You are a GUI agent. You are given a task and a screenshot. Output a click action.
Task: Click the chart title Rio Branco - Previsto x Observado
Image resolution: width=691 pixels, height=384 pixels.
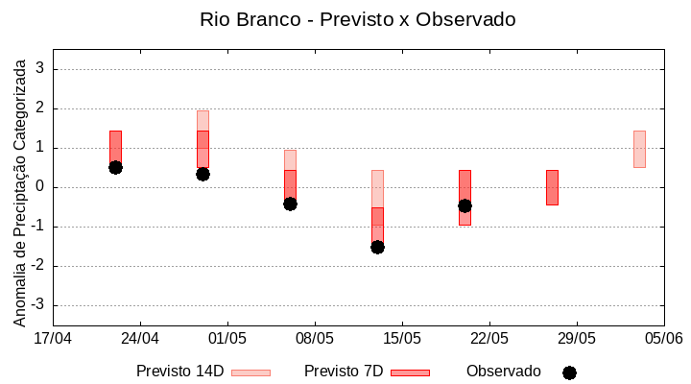(345, 19)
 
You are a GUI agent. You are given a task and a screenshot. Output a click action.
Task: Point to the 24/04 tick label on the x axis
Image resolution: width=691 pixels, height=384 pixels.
(140, 338)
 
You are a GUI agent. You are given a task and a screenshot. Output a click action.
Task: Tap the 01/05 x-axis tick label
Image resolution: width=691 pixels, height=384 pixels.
(227, 338)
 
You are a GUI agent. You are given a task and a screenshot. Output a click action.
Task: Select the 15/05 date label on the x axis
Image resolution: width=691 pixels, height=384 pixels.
(402, 338)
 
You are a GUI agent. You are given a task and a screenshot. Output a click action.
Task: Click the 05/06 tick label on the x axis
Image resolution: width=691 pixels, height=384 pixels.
(663, 338)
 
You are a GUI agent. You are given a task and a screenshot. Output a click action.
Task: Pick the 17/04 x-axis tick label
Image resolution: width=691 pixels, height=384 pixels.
(53, 338)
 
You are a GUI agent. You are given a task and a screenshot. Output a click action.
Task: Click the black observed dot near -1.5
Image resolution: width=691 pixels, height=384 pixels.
(377, 247)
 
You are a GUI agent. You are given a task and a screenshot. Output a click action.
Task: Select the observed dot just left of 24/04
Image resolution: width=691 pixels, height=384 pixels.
(115, 167)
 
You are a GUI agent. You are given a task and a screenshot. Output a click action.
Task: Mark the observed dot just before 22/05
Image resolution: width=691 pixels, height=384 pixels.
(465, 205)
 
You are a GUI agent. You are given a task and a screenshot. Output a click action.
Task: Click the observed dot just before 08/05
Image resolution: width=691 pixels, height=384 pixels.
(290, 204)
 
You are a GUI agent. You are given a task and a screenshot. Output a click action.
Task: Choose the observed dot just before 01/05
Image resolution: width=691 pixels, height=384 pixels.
(203, 174)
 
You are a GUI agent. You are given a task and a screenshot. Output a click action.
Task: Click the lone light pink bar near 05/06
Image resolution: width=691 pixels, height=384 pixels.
(639, 149)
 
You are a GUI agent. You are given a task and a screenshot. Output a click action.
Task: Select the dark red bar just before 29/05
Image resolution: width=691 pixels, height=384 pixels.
(552, 187)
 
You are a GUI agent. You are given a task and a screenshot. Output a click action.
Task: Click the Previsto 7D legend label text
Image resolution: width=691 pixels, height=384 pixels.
(344, 371)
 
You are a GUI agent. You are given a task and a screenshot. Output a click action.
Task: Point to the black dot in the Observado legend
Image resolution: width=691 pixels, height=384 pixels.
(569, 372)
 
